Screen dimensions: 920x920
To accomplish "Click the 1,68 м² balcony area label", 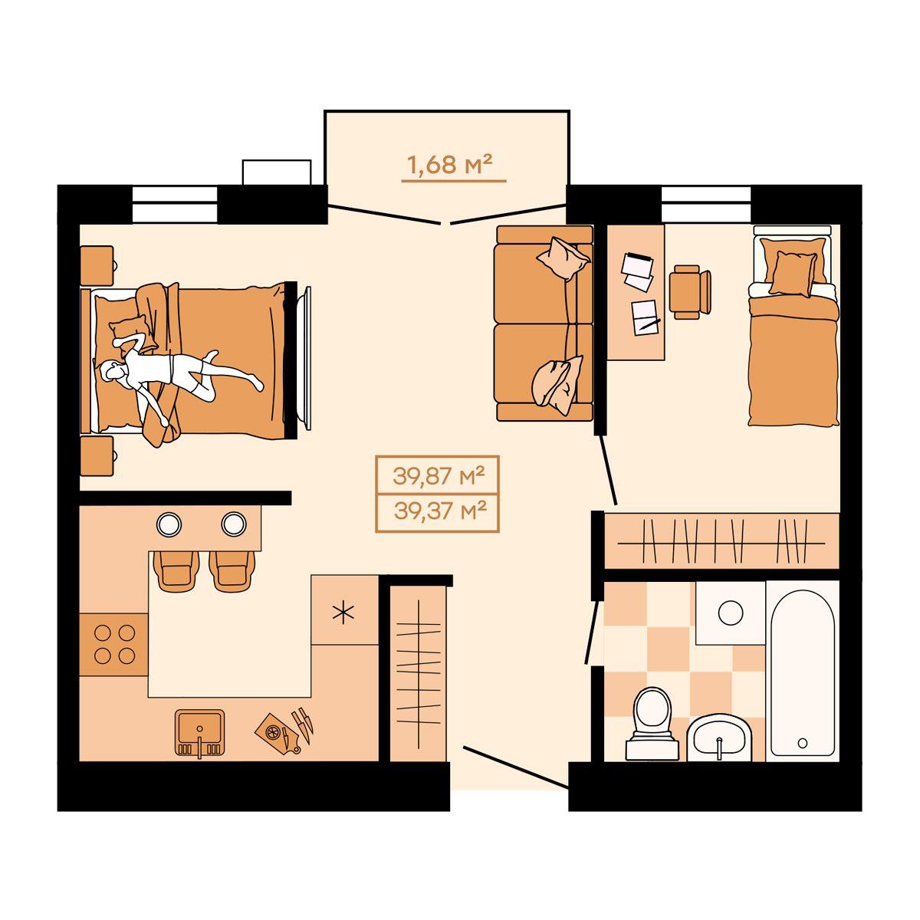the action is click(449, 165).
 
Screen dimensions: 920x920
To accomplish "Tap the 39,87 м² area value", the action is click(439, 476).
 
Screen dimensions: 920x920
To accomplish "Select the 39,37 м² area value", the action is click(440, 512).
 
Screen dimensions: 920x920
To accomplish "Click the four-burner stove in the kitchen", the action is click(114, 645).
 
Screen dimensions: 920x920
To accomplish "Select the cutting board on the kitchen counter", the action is click(277, 734).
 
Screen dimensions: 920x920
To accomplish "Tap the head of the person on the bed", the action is click(110, 371).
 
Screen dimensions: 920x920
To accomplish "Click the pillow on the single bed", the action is click(793, 273).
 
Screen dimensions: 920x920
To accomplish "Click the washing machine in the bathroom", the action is click(731, 613).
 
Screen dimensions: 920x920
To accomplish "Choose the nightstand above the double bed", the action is click(97, 266).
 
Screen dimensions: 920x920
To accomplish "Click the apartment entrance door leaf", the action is click(516, 767).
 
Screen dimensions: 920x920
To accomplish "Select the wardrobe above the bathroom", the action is click(721, 540).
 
